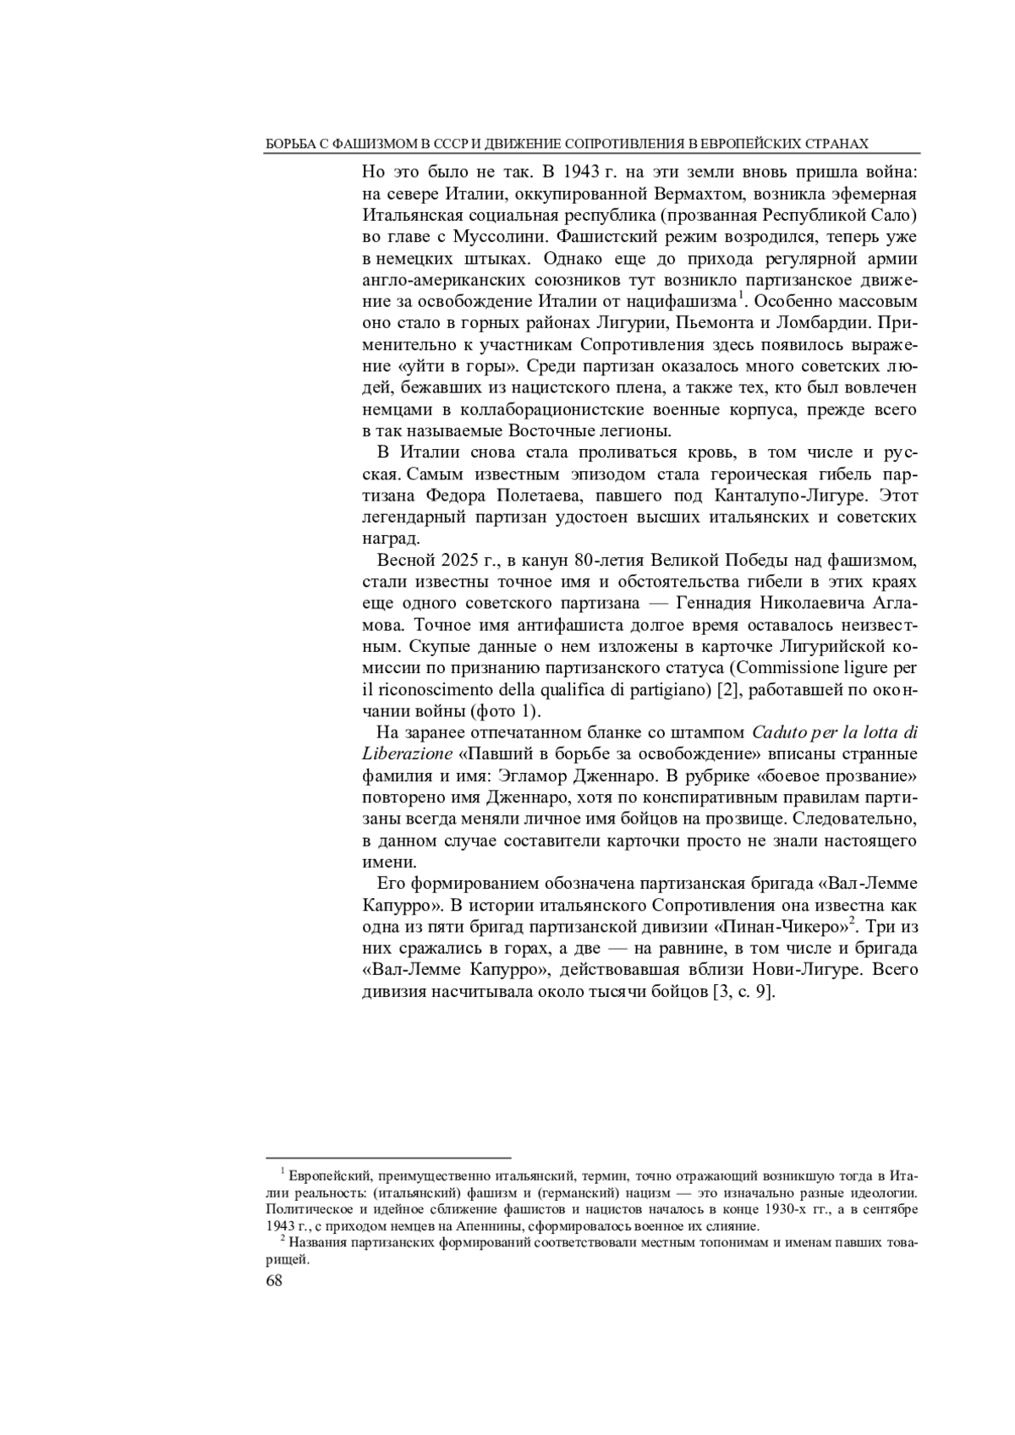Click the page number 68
click(274, 1280)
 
